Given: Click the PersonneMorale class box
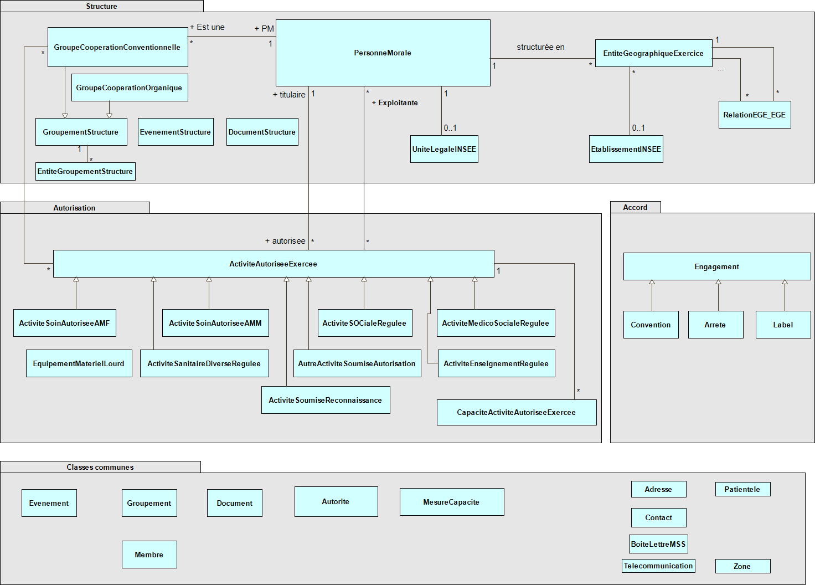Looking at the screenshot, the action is click(x=383, y=53).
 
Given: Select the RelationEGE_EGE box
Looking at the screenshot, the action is click(x=755, y=115).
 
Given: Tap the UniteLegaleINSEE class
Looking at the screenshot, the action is click(x=444, y=149).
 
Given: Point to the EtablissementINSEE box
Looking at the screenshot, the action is click(x=626, y=149).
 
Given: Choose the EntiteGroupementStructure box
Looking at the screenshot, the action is click(x=85, y=172).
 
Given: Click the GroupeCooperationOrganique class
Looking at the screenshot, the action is click(x=130, y=88).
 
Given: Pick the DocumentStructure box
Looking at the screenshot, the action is click(x=262, y=132).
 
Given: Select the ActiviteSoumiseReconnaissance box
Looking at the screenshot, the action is click(x=326, y=400).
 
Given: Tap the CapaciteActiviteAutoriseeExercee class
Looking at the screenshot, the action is click(x=517, y=413).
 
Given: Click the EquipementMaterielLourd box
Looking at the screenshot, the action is click(x=79, y=363).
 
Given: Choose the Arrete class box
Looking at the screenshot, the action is click(x=716, y=325).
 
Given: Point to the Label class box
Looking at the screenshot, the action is click(x=783, y=325).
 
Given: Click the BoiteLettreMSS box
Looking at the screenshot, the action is click(x=658, y=544).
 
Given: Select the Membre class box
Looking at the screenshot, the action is click(x=149, y=555).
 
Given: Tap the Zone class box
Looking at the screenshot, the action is click(x=742, y=566).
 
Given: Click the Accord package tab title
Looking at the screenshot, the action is click(x=635, y=207).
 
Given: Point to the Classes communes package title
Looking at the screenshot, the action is click(x=100, y=467).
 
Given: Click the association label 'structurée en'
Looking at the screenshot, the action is click(x=541, y=47).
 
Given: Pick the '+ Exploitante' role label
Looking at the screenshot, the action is click(x=395, y=102).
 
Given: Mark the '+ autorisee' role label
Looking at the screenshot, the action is click(x=285, y=241).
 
